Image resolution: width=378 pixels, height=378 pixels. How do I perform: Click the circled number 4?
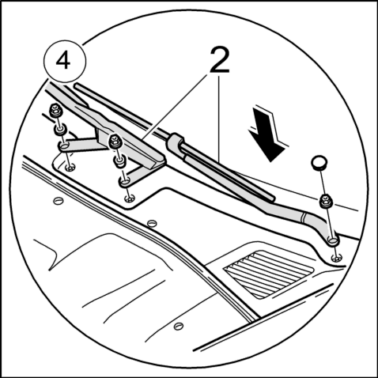tap(63, 61)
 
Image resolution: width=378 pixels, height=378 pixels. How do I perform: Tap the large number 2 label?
tap(220, 60)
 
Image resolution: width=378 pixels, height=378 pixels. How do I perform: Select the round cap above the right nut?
tap(319, 163)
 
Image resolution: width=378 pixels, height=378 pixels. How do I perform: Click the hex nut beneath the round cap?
tap(326, 201)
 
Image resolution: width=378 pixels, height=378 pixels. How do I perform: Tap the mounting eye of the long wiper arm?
tap(333, 240)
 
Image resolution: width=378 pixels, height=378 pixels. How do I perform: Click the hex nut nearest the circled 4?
tap(55, 111)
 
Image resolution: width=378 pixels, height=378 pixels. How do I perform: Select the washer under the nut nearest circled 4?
tap(60, 130)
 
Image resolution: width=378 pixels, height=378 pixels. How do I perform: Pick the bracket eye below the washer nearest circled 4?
tap(64, 146)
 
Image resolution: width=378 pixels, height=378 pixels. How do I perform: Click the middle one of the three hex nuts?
tap(115, 142)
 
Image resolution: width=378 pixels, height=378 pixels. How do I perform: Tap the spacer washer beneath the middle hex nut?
tap(119, 161)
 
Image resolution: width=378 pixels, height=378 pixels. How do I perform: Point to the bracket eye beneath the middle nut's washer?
tap(125, 181)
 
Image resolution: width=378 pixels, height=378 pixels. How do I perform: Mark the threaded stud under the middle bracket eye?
tap(130, 198)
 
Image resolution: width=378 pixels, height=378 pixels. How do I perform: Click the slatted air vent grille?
tap(268, 274)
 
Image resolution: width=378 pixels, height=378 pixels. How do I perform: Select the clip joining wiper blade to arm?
tap(175, 143)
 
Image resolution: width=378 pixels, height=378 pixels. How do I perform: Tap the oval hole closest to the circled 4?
tap(59, 201)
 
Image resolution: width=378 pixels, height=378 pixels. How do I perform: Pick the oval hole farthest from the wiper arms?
tap(179, 327)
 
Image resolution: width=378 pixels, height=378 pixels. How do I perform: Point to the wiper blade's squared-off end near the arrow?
tap(272, 198)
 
